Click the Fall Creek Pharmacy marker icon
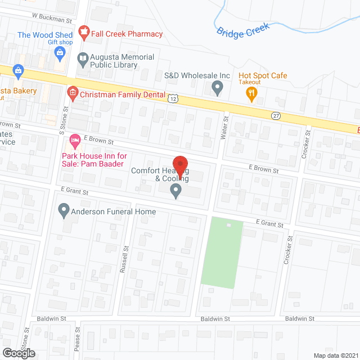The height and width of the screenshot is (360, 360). coord(84,34)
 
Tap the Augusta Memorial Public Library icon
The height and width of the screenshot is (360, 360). coord(82,58)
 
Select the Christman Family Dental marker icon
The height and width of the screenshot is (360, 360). coord(72,92)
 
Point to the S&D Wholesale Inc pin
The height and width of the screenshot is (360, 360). coord(217,88)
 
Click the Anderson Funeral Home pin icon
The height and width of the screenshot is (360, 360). coord(64,211)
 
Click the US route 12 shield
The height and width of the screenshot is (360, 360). coord(173,98)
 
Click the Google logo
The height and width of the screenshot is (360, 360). coord(19,353)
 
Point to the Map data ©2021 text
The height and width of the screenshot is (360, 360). coord(335,355)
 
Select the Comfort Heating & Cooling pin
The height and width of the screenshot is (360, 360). coord(176,191)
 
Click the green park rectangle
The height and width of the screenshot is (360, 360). coord(222,253)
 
